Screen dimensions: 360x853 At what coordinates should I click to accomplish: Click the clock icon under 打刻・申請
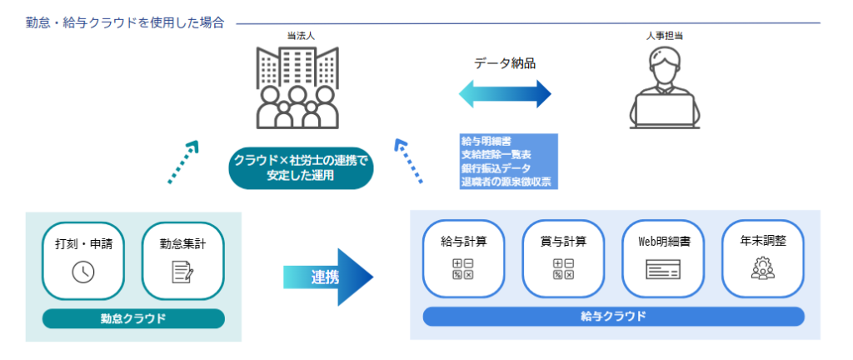[83, 272]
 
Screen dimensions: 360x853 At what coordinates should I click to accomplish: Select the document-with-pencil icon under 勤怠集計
[183, 272]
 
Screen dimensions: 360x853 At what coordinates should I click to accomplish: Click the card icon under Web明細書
[663, 269]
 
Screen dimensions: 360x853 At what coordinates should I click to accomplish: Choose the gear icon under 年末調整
[763, 268]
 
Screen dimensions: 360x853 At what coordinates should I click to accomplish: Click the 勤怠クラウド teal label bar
[133, 318]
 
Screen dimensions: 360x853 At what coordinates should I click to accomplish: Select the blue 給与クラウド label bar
[613, 317]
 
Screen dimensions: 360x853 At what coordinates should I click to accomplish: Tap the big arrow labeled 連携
[329, 277]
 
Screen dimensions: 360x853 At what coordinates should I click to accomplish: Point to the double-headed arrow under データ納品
[505, 93]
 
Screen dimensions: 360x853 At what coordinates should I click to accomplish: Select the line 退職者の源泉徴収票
[506, 182]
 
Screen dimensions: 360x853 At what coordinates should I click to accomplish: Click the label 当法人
[297, 36]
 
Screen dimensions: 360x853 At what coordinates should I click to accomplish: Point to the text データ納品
[505, 62]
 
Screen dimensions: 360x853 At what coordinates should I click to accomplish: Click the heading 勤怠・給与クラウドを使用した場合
[125, 23]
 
